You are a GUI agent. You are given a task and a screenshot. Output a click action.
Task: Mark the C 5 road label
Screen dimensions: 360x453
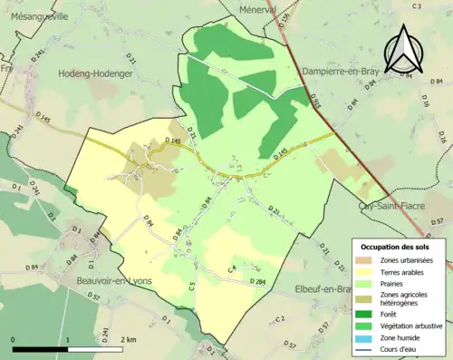192,287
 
